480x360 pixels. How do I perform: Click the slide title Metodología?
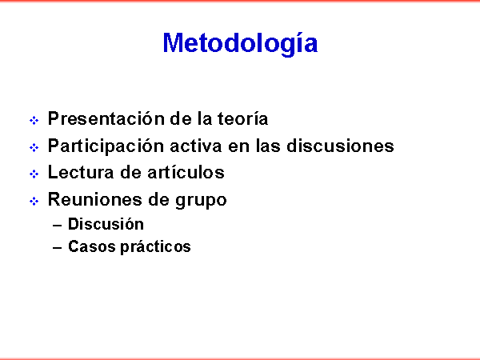(240, 44)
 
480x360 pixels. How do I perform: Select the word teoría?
(242, 118)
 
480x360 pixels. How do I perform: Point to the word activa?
(196, 146)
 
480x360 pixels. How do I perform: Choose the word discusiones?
(341, 146)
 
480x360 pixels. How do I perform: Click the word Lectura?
(81, 172)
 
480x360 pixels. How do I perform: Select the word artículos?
(186, 172)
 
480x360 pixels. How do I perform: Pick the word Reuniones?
(95, 199)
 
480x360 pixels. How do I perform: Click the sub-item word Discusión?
(106, 224)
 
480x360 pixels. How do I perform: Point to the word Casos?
(92, 246)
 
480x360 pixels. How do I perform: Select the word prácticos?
(156, 247)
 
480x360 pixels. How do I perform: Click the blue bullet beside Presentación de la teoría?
(34, 120)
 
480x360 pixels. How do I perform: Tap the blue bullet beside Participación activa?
(34, 147)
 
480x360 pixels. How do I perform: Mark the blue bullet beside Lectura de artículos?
(34, 174)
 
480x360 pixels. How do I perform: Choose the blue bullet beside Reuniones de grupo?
(34, 201)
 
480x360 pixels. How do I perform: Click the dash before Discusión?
(58, 226)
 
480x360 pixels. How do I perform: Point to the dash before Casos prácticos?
(58, 248)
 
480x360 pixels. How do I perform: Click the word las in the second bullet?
(268, 146)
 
